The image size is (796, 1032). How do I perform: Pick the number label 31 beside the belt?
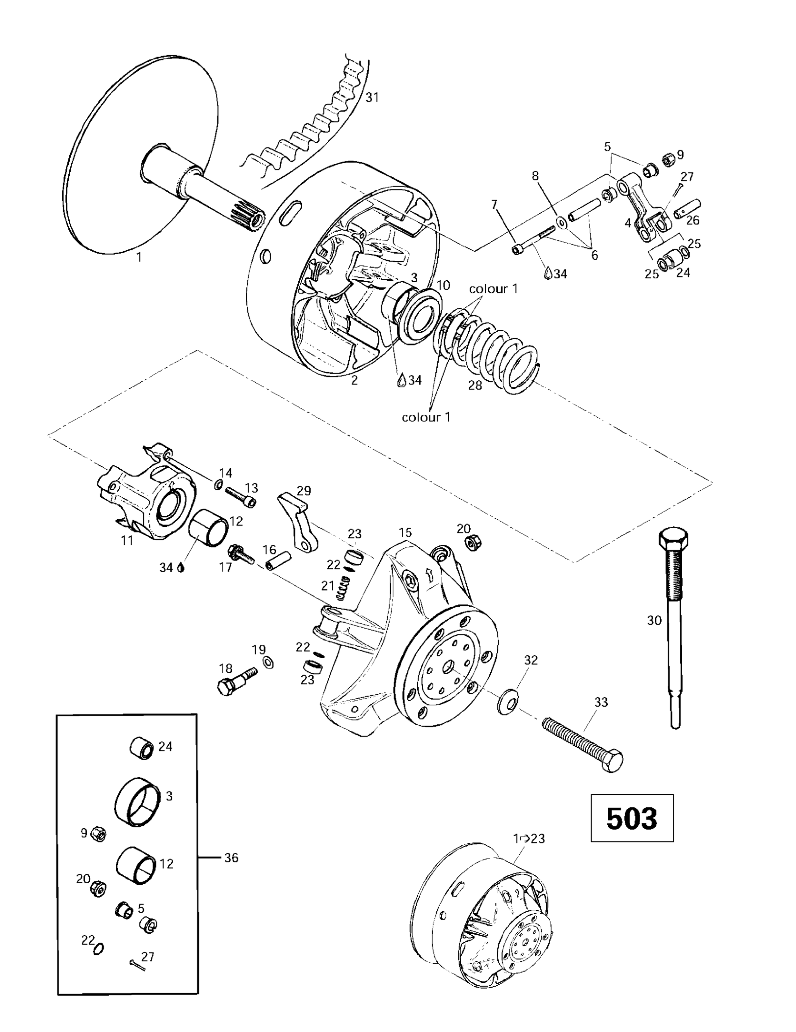click(372, 97)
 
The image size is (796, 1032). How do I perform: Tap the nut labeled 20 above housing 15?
click(473, 544)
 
